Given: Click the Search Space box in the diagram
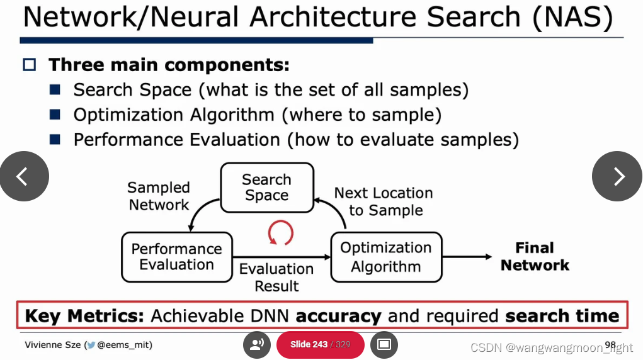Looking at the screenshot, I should tap(266, 188).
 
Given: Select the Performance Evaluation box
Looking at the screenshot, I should tap(176, 257).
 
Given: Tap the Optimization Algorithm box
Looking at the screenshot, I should tap(386, 257).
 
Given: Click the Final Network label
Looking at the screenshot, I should tap(535, 257).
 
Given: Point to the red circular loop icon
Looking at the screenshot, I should tap(281, 232).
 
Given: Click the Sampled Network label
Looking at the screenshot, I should tap(159, 196).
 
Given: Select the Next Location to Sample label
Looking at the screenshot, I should tap(384, 201).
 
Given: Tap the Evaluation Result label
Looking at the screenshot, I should tap(276, 278).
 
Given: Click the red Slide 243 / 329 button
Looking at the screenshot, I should tap(320, 344).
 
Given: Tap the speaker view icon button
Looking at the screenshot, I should tap(257, 344).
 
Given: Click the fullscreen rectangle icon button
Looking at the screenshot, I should tap(384, 344).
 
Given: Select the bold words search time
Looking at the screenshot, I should tap(562, 315).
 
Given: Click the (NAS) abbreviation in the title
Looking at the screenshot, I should tap(572, 18).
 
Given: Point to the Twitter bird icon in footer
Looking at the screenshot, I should tap(91, 345).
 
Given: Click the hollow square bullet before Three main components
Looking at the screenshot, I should tap(30, 65).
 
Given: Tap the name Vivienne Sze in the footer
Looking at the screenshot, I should tap(52, 345).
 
